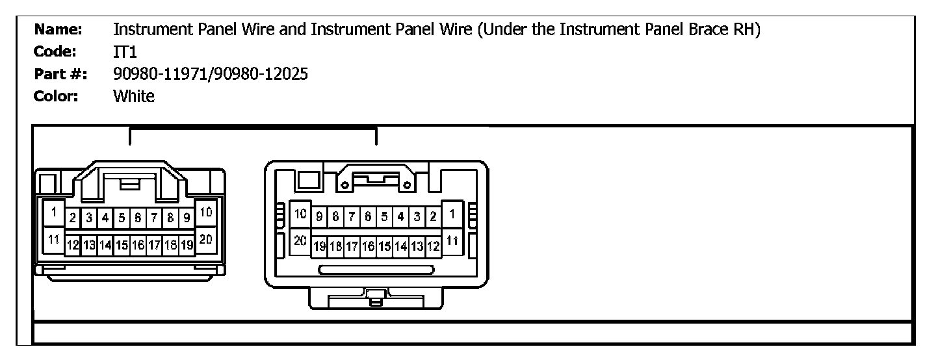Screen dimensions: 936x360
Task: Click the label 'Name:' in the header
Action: [x=58, y=29]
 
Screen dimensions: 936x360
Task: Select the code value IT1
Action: [x=125, y=52]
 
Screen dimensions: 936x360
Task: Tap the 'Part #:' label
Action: [x=58, y=75]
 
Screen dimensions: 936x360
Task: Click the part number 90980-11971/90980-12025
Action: [x=210, y=75]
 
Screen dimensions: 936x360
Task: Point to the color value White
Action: [x=134, y=97]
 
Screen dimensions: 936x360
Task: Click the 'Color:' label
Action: [x=57, y=97]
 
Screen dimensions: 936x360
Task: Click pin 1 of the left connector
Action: [x=55, y=212]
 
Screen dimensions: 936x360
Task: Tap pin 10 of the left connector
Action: [x=205, y=212]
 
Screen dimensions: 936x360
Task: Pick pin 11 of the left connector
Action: [x=55, y=239]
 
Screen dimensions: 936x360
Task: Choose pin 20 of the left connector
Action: [x=205, y=239]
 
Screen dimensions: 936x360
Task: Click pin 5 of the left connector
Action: [x=122, y=217]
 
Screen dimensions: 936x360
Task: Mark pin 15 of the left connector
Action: [x=122, y=245]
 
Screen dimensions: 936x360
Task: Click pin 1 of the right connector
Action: [x=452, y=212]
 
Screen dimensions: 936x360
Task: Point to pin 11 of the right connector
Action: [x=452, y=239]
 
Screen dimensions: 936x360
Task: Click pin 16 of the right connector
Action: [x=368, y=246]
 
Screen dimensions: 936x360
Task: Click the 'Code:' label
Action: [x=57, y=52]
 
